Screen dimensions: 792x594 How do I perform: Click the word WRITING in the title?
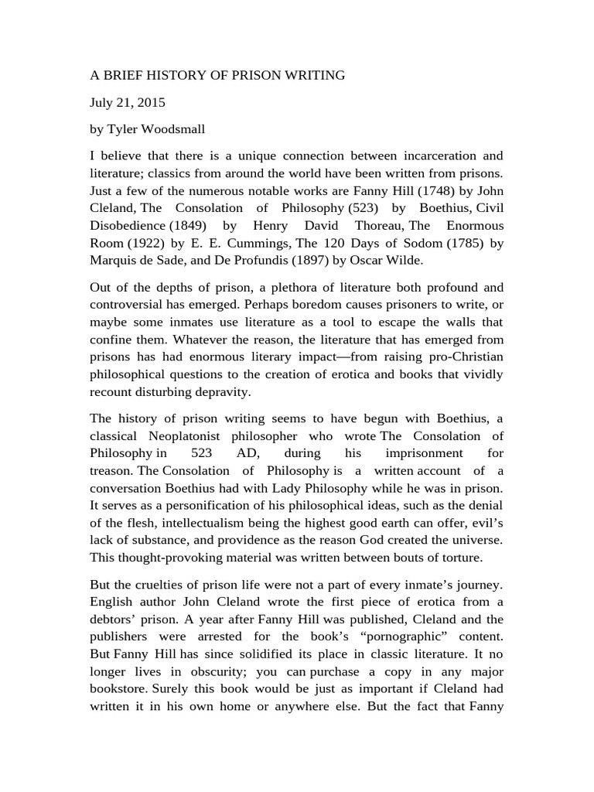[x=311, y=75]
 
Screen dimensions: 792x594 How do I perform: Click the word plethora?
[x=272, y=288]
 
